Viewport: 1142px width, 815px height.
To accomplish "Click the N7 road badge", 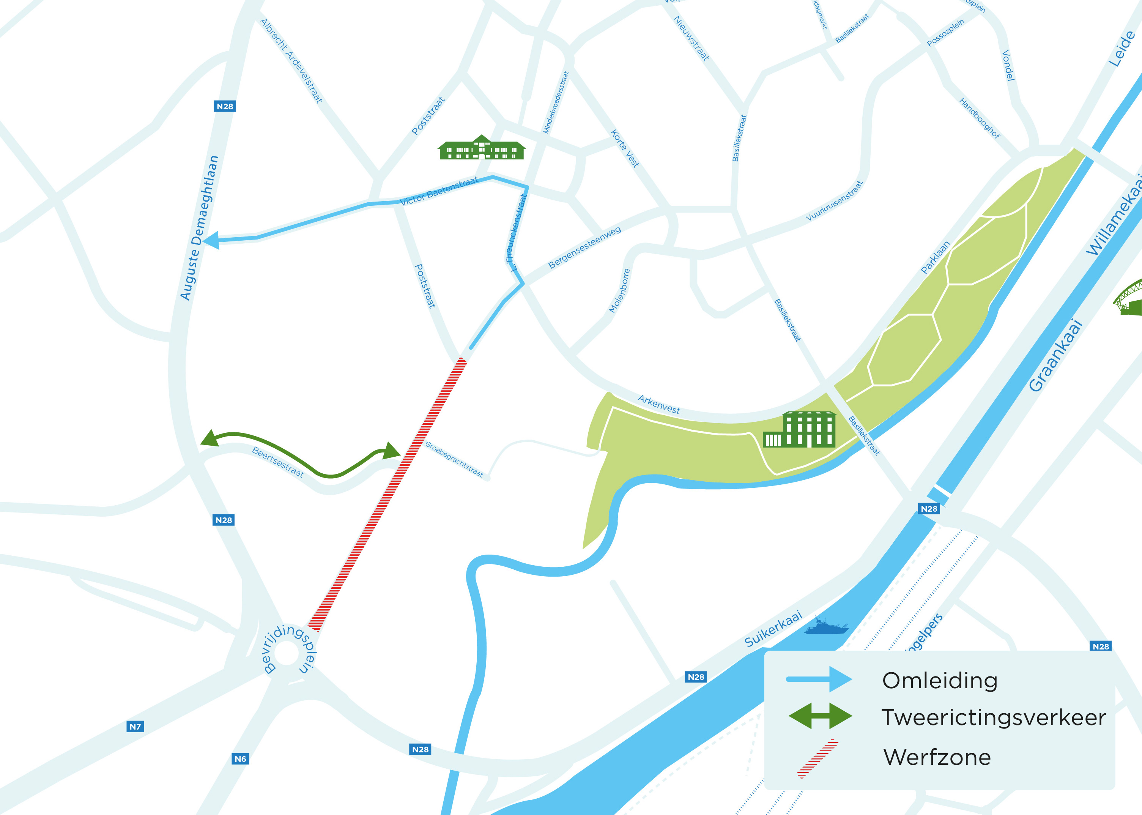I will pos(135,727).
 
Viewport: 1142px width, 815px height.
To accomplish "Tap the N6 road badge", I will pos(240,759).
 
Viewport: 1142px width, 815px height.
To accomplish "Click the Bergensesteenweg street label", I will pos(584,247).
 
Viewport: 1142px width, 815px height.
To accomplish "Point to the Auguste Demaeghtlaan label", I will pos(200,229).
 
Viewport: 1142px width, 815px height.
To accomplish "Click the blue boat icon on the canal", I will pos(826,627).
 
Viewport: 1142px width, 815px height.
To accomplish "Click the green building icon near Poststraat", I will pos(482,148).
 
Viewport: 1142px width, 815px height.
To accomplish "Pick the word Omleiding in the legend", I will pos(939,681).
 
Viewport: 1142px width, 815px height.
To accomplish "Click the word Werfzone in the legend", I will pos(937,757).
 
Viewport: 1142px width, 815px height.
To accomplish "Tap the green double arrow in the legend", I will pos(821,716).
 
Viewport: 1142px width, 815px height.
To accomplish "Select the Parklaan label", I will pos(935,257).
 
